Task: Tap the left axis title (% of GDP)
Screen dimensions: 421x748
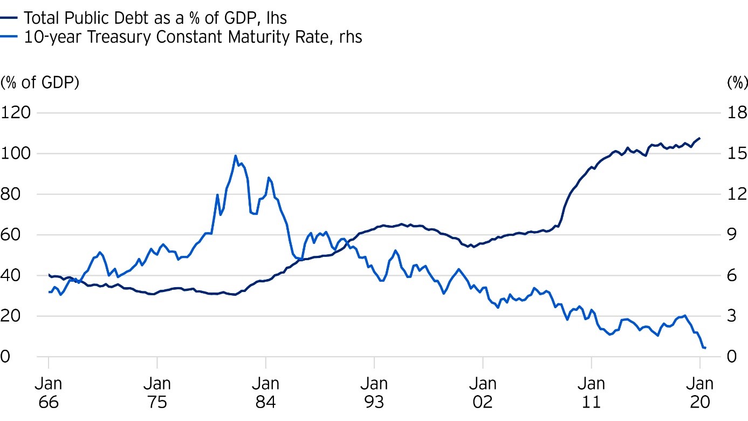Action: [40, 83]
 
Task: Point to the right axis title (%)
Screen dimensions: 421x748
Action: [737, 83]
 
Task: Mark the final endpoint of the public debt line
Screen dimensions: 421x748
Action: [699, 138]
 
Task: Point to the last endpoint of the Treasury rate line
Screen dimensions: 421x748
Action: [705, 348]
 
